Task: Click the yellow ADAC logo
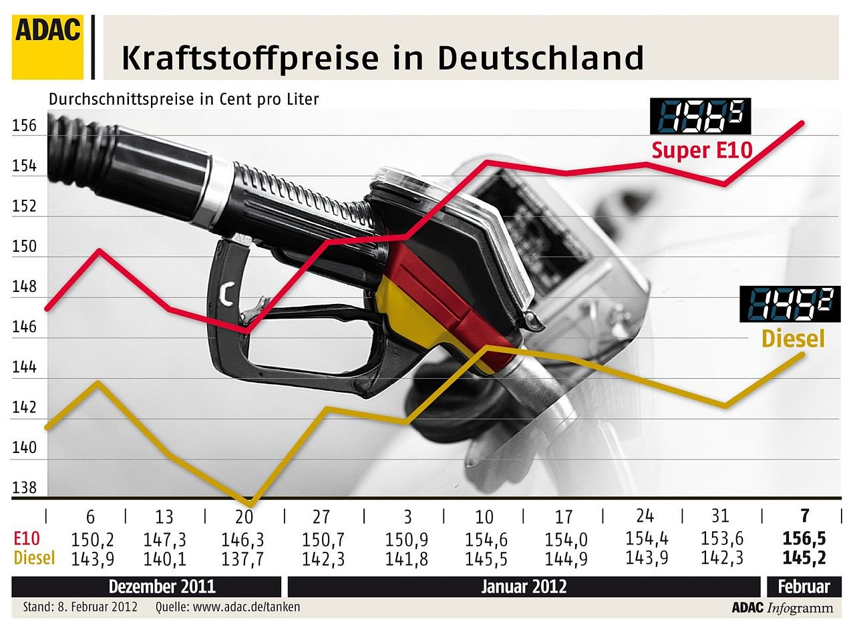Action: pyautogui.click(x=47, y=47)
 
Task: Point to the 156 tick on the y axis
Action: pyautogui.click(x=25, y=126)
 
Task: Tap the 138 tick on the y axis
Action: pyautogui.click(x=25, y=488)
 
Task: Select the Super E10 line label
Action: pyautogui.click(x=702, y=150)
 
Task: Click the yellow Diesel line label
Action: pyautogui.click(x=793, y=339)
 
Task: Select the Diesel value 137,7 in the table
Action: pyautogui.click(x=244, y=558)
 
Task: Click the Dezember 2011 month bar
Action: pyautogui.click(x=162, y=587)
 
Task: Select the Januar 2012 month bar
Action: pyautogui.click(x=524, y=587)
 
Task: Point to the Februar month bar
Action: pyautogui.click(x=803, y=587)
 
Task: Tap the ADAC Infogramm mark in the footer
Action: pyautogui.click(x=782, y=607)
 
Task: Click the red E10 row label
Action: pyautogui.click(x=27, y=538)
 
